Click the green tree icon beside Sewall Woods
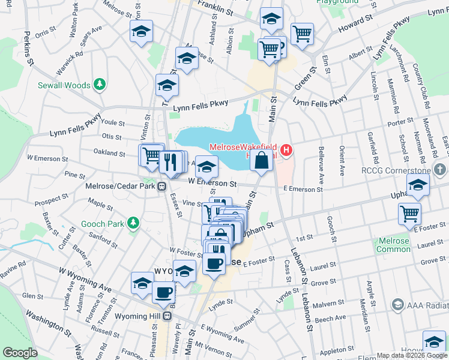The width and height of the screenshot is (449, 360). (x=100, y=85)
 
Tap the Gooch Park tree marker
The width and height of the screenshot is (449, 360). (x=133, y=224)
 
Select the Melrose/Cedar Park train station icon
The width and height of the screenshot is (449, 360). (x=162, y=187)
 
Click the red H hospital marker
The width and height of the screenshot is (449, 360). (x=286, y=150)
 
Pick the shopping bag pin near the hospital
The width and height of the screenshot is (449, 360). (x=261, y=161)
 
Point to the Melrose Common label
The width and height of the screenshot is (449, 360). (x=394, y=245)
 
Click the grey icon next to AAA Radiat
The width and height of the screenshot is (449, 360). (x=397, y=305)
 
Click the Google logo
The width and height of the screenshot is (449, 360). (x=20, y=353)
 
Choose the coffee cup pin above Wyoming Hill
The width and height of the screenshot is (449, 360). (x=163, y=292)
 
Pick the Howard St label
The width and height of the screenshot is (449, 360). (x=352, y=25)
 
